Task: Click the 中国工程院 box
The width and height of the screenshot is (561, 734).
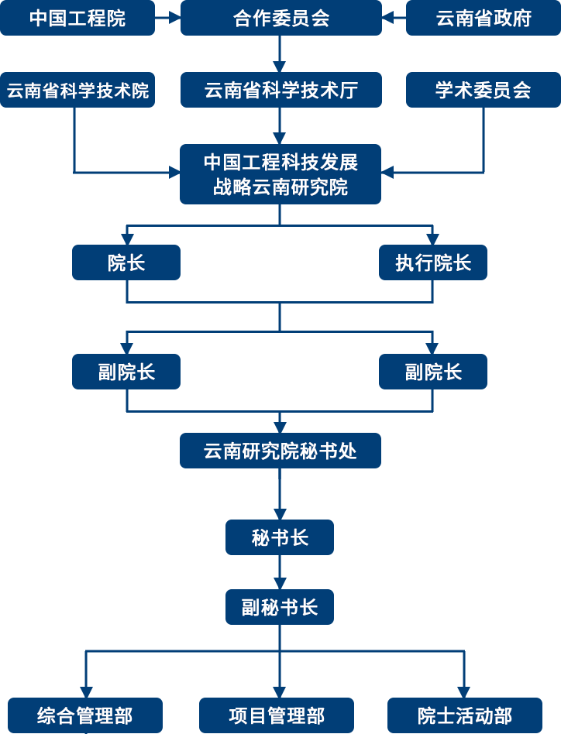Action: (77, 19)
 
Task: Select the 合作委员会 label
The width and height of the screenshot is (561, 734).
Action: (280, 19)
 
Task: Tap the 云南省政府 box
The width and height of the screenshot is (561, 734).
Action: (484, 19)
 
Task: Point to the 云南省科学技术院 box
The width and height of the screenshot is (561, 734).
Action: (77, 91)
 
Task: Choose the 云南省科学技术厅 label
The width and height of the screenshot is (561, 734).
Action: (280, 91)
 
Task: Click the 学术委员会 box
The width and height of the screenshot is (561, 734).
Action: (484, 91)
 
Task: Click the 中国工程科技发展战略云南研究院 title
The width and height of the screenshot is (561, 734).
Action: (280, 175)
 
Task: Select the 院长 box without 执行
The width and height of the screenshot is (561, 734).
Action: (126, 263)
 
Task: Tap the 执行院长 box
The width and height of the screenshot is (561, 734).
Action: (433, 263)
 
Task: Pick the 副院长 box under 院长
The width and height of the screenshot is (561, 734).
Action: (126, 372)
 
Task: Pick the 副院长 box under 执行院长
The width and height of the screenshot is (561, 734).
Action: (433, 372)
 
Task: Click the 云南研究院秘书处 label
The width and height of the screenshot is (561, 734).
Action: (280, 451)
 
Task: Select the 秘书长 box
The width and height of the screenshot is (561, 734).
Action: (280, 538)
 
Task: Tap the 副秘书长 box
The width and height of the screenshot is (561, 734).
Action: (280, 607)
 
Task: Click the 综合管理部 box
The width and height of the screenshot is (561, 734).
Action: (85, 715)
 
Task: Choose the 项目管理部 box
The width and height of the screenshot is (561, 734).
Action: (277, 715)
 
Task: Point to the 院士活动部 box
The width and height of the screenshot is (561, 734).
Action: (464, 715)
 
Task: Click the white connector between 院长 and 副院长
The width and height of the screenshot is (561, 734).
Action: (126, 317)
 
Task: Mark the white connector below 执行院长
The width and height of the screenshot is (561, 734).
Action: (435, 317)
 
